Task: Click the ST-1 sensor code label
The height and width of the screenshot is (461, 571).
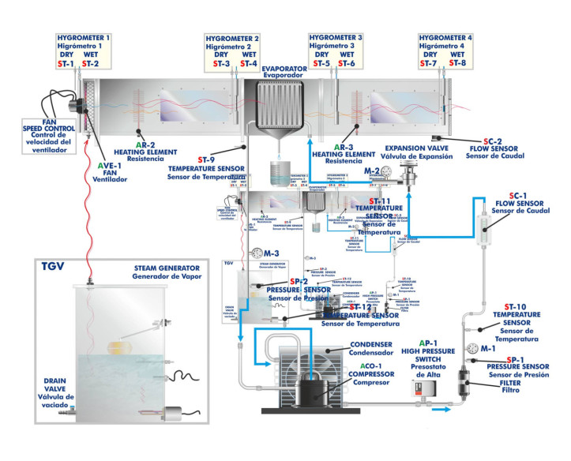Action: point(66,63)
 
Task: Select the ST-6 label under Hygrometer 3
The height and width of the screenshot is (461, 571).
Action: point(347,63)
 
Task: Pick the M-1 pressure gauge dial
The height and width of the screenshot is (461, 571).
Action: point(487,348)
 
